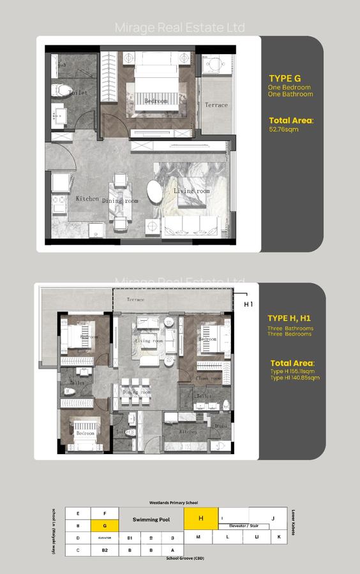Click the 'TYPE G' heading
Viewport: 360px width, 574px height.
pyautogui.click(x=285, y=78)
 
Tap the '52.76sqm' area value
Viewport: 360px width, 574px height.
pyautogui.click(x=283, y=129)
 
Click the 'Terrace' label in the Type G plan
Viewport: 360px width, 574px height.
pyautogui.click(x=216, y=105)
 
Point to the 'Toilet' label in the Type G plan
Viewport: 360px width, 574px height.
pyautogui.click(x=78, y=93)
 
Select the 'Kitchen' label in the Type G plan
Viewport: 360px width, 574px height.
pyautogui.click(x=87, y=199)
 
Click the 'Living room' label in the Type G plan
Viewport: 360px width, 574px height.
pyautogui.click(x=191, y=191)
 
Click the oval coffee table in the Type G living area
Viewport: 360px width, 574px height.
pyautogui.click(x=155, y=191)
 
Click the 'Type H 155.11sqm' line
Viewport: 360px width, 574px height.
pyautogui.click(x=292, y=371)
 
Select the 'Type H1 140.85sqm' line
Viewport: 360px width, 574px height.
pyautogui.click(x=294, y=378)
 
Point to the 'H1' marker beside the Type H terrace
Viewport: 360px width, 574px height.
pyautogui.click(x=248, y=304)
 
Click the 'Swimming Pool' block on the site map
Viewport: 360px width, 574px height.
pyautogui.click(x=151, y=520)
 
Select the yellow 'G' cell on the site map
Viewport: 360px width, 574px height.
pyautogui.click(x=104, y=526)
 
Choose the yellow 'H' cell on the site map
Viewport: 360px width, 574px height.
pyautogui.click(x=200, y=519)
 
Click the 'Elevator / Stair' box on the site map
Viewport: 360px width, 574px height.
pyautogui.click(x=248, y=526)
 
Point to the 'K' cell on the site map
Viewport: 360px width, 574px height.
pyautogui.click(x=279, y=537)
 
